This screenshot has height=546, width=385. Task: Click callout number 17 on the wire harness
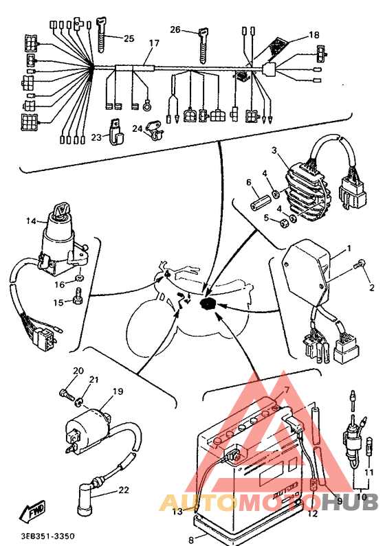154,43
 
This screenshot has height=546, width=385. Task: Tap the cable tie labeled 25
101,34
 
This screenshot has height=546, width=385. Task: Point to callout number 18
314,35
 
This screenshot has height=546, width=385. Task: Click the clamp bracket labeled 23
116,132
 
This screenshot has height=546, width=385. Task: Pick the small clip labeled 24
155,130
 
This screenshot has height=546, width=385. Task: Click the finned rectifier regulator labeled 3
307,194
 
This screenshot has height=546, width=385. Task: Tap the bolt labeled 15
78,296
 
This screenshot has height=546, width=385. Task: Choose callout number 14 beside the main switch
32,220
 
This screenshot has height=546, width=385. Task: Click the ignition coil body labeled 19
91,428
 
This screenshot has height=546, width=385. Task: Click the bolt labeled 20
67,394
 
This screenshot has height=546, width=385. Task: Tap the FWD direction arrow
32,511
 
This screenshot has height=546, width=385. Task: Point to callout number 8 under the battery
191,540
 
